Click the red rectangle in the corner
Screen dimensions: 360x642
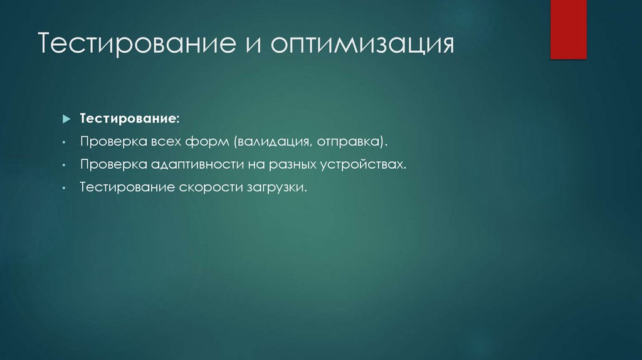(x=568, y=29)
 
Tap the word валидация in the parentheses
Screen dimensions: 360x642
(x=271, y=142)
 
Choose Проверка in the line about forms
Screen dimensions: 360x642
(x=108, y=142)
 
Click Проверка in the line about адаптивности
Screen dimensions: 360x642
(x=108, y=166)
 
